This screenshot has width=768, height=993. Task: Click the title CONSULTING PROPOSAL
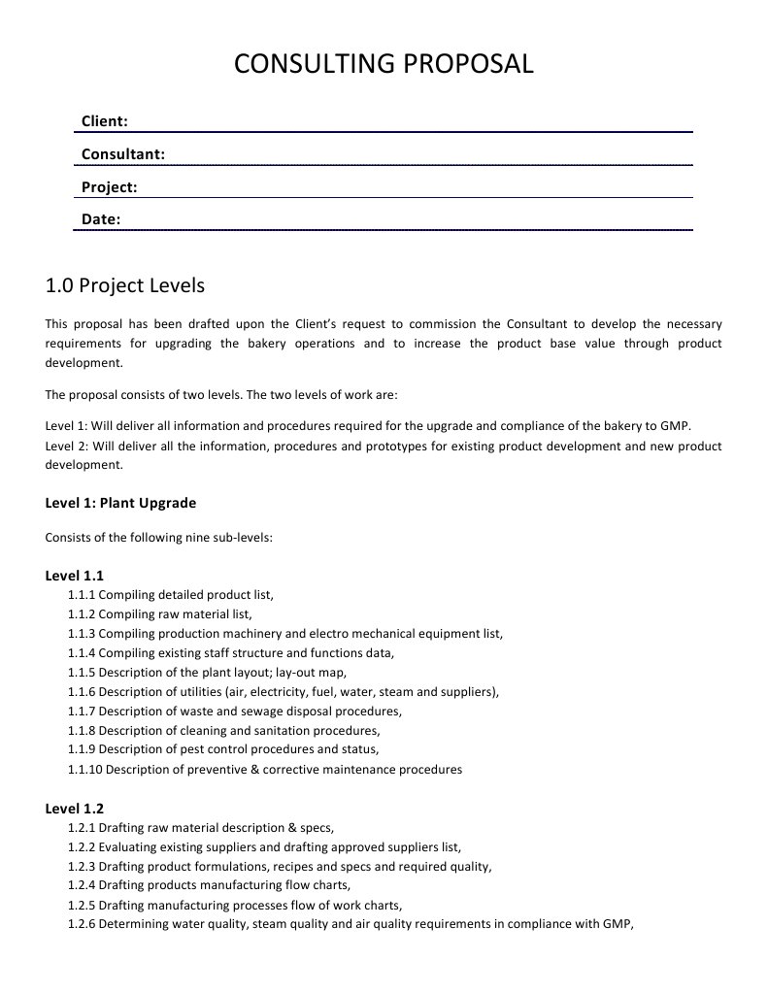(x=384, y=64)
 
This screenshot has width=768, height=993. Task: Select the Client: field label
(x=105, y=121)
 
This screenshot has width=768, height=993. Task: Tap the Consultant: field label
(x=122, y=153)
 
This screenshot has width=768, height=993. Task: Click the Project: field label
(x=109, y=186)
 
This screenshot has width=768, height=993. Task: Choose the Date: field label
(x=101, y=219)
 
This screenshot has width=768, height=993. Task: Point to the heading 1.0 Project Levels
(x=125, y=285)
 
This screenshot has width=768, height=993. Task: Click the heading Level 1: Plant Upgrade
(x=120, y=503)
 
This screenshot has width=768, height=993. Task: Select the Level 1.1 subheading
(x=75, y=576)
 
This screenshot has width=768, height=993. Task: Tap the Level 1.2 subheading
(x=75, y=809)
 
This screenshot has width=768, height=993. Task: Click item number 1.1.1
(x=82, y=595)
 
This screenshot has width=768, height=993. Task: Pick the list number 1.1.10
(x=84, y=770)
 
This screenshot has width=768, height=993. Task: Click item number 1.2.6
(x=82, y=924)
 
